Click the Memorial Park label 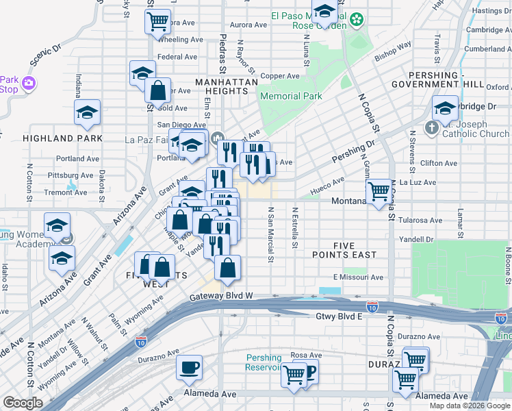[291, 97]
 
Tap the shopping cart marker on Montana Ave [379, 191]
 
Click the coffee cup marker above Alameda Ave [189, 366]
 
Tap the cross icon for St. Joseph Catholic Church [431, 127]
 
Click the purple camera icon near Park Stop [28, 84]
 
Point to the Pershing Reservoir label [264, 362]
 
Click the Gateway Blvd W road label [221, 296]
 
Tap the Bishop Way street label [393, 49]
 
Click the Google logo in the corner [23, 403]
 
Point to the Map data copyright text [470, 406]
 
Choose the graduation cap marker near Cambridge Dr [445, 108]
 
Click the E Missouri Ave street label [358, 277]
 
